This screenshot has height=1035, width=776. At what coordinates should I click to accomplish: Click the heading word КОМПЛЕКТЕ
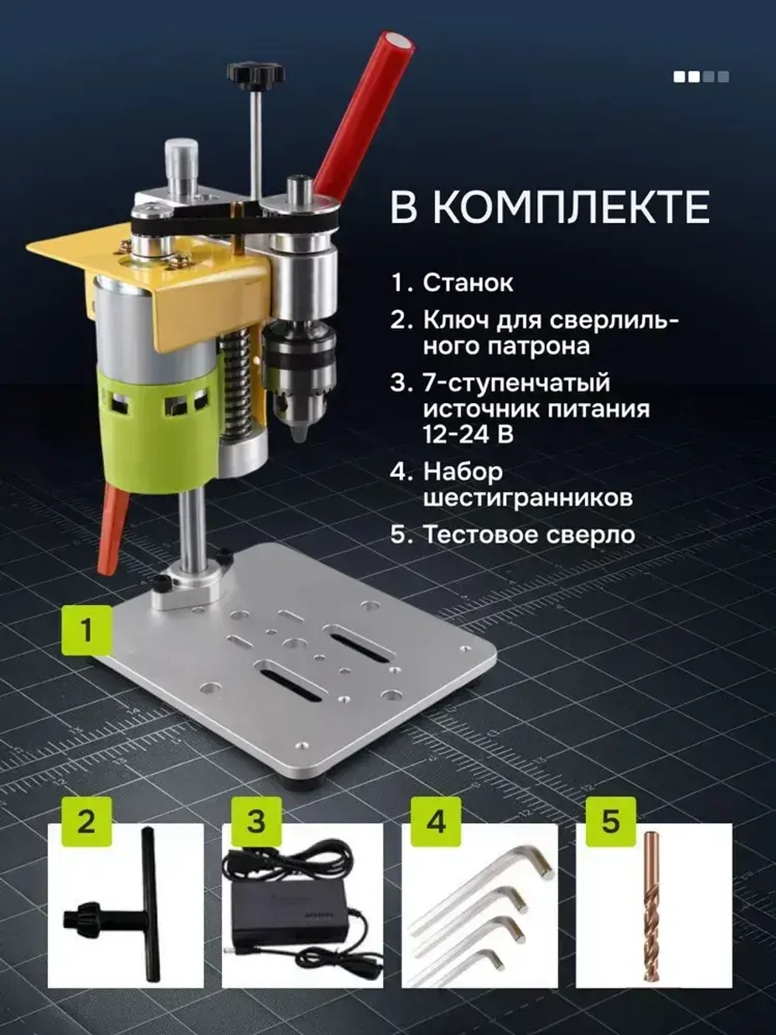pyautogui.click(x=570, y=207)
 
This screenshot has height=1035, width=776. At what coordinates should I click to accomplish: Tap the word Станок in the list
pyautogui.click(x=468, y=283)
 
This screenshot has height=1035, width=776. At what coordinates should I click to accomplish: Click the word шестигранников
pyautogui.click(x=528, y=497)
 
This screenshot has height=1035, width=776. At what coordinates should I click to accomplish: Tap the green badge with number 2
pyautogui.click(x=86, y=821)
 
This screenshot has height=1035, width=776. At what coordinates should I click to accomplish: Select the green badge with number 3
pyautogui.click(x=257, y=821)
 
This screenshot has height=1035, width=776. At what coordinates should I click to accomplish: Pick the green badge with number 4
pyautogui.click(x=436, y=821)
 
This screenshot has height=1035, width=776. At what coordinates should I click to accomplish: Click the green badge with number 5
pyautogui.click(x=611, y=821)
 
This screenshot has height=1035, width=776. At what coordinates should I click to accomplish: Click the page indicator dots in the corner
pyautogui.click(x=701, y=76)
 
